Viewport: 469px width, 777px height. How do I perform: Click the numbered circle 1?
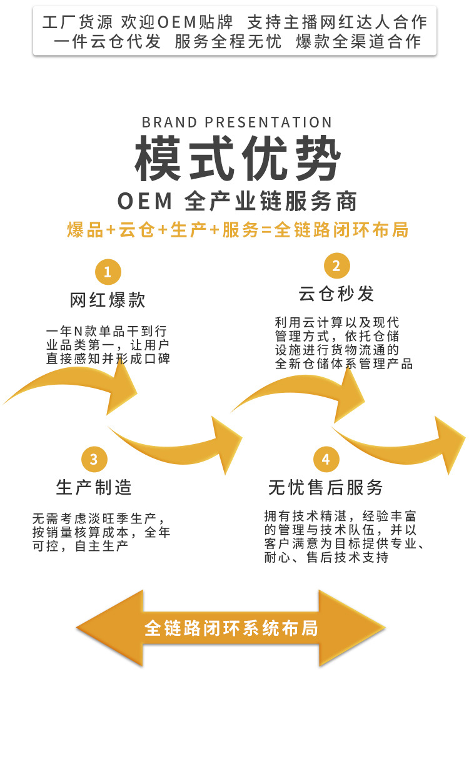108,272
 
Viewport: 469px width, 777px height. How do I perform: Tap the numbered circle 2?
336,266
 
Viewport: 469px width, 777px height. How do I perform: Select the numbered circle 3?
94,460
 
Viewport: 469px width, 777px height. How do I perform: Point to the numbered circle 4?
325,460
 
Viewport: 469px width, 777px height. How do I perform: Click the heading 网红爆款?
108,300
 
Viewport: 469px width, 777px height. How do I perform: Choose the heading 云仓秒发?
336,294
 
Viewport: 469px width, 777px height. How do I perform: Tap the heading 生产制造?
94,487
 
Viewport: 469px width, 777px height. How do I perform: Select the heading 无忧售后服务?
325,487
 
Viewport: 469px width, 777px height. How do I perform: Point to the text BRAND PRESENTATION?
237,122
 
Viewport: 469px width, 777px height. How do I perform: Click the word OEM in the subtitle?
144,202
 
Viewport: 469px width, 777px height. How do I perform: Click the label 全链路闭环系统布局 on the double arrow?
231,627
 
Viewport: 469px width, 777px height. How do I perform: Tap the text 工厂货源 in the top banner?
78,22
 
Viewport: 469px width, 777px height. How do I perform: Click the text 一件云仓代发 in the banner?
107,42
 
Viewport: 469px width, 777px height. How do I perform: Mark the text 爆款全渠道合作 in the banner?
358,42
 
